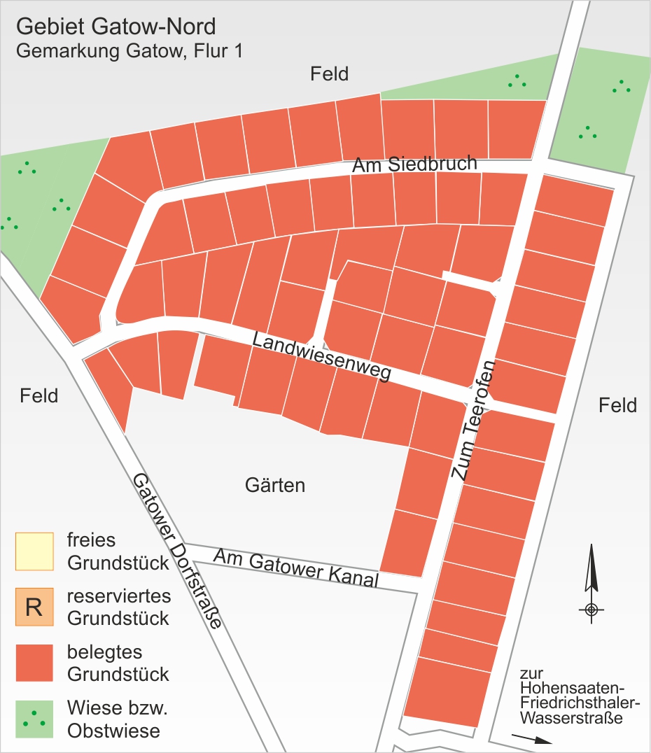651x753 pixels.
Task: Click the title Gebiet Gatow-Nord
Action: tap(115, 27)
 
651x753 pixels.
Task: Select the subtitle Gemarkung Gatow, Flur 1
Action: tap(129, 51)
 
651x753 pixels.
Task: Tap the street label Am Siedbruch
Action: tap(414, 165)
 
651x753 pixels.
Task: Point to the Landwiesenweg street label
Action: tap(321, 357)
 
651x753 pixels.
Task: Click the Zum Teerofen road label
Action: tap(473, 420)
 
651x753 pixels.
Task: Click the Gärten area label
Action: tap(275, 485)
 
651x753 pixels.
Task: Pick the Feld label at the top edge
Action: tap(329, 73)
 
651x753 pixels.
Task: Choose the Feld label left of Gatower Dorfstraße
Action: tap(38, 395)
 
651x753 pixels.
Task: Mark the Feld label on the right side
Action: tap(618, 405)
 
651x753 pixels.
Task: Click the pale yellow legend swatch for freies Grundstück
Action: tap(34, 551)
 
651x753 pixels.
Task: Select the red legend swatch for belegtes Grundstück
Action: tap(34, 662)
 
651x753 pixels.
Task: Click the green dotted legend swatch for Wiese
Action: tap(34, 719)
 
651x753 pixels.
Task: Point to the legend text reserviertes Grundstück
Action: tap(118, 607)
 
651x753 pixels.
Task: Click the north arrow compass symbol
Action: tap(591, 581)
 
